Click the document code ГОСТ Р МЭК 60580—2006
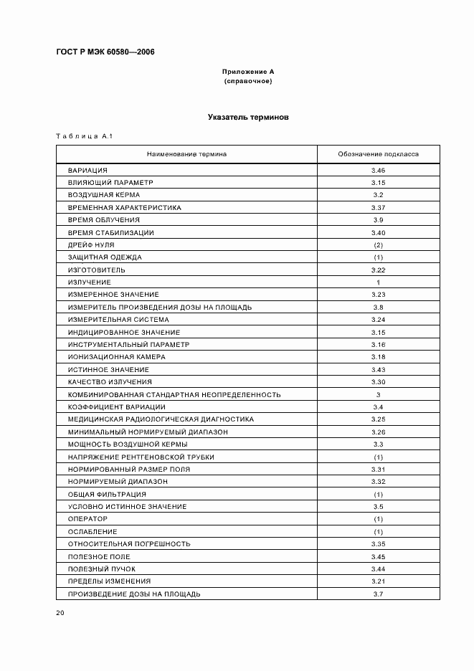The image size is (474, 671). (105, 52)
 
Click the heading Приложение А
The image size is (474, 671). (248, 72)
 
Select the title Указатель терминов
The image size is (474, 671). (248, 117)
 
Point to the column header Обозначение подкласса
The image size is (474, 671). (379, 154)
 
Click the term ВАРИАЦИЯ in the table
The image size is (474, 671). (87, 171)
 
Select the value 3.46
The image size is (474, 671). (379, 171)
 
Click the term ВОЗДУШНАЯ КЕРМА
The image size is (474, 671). (104, 195)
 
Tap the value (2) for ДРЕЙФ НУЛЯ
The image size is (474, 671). (379, 245)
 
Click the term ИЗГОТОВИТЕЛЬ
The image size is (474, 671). (96, 270)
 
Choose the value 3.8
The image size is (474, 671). (379, 308)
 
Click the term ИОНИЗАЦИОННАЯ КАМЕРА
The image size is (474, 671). (116, 357)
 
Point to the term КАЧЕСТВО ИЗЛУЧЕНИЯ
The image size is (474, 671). (110, 382)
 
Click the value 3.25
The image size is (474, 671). (379, 419)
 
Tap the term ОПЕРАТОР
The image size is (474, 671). (87, 519)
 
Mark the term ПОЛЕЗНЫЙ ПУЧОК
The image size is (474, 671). (101, 568)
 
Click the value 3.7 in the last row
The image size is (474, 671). (379, 594)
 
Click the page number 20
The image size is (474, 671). (60, 613)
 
